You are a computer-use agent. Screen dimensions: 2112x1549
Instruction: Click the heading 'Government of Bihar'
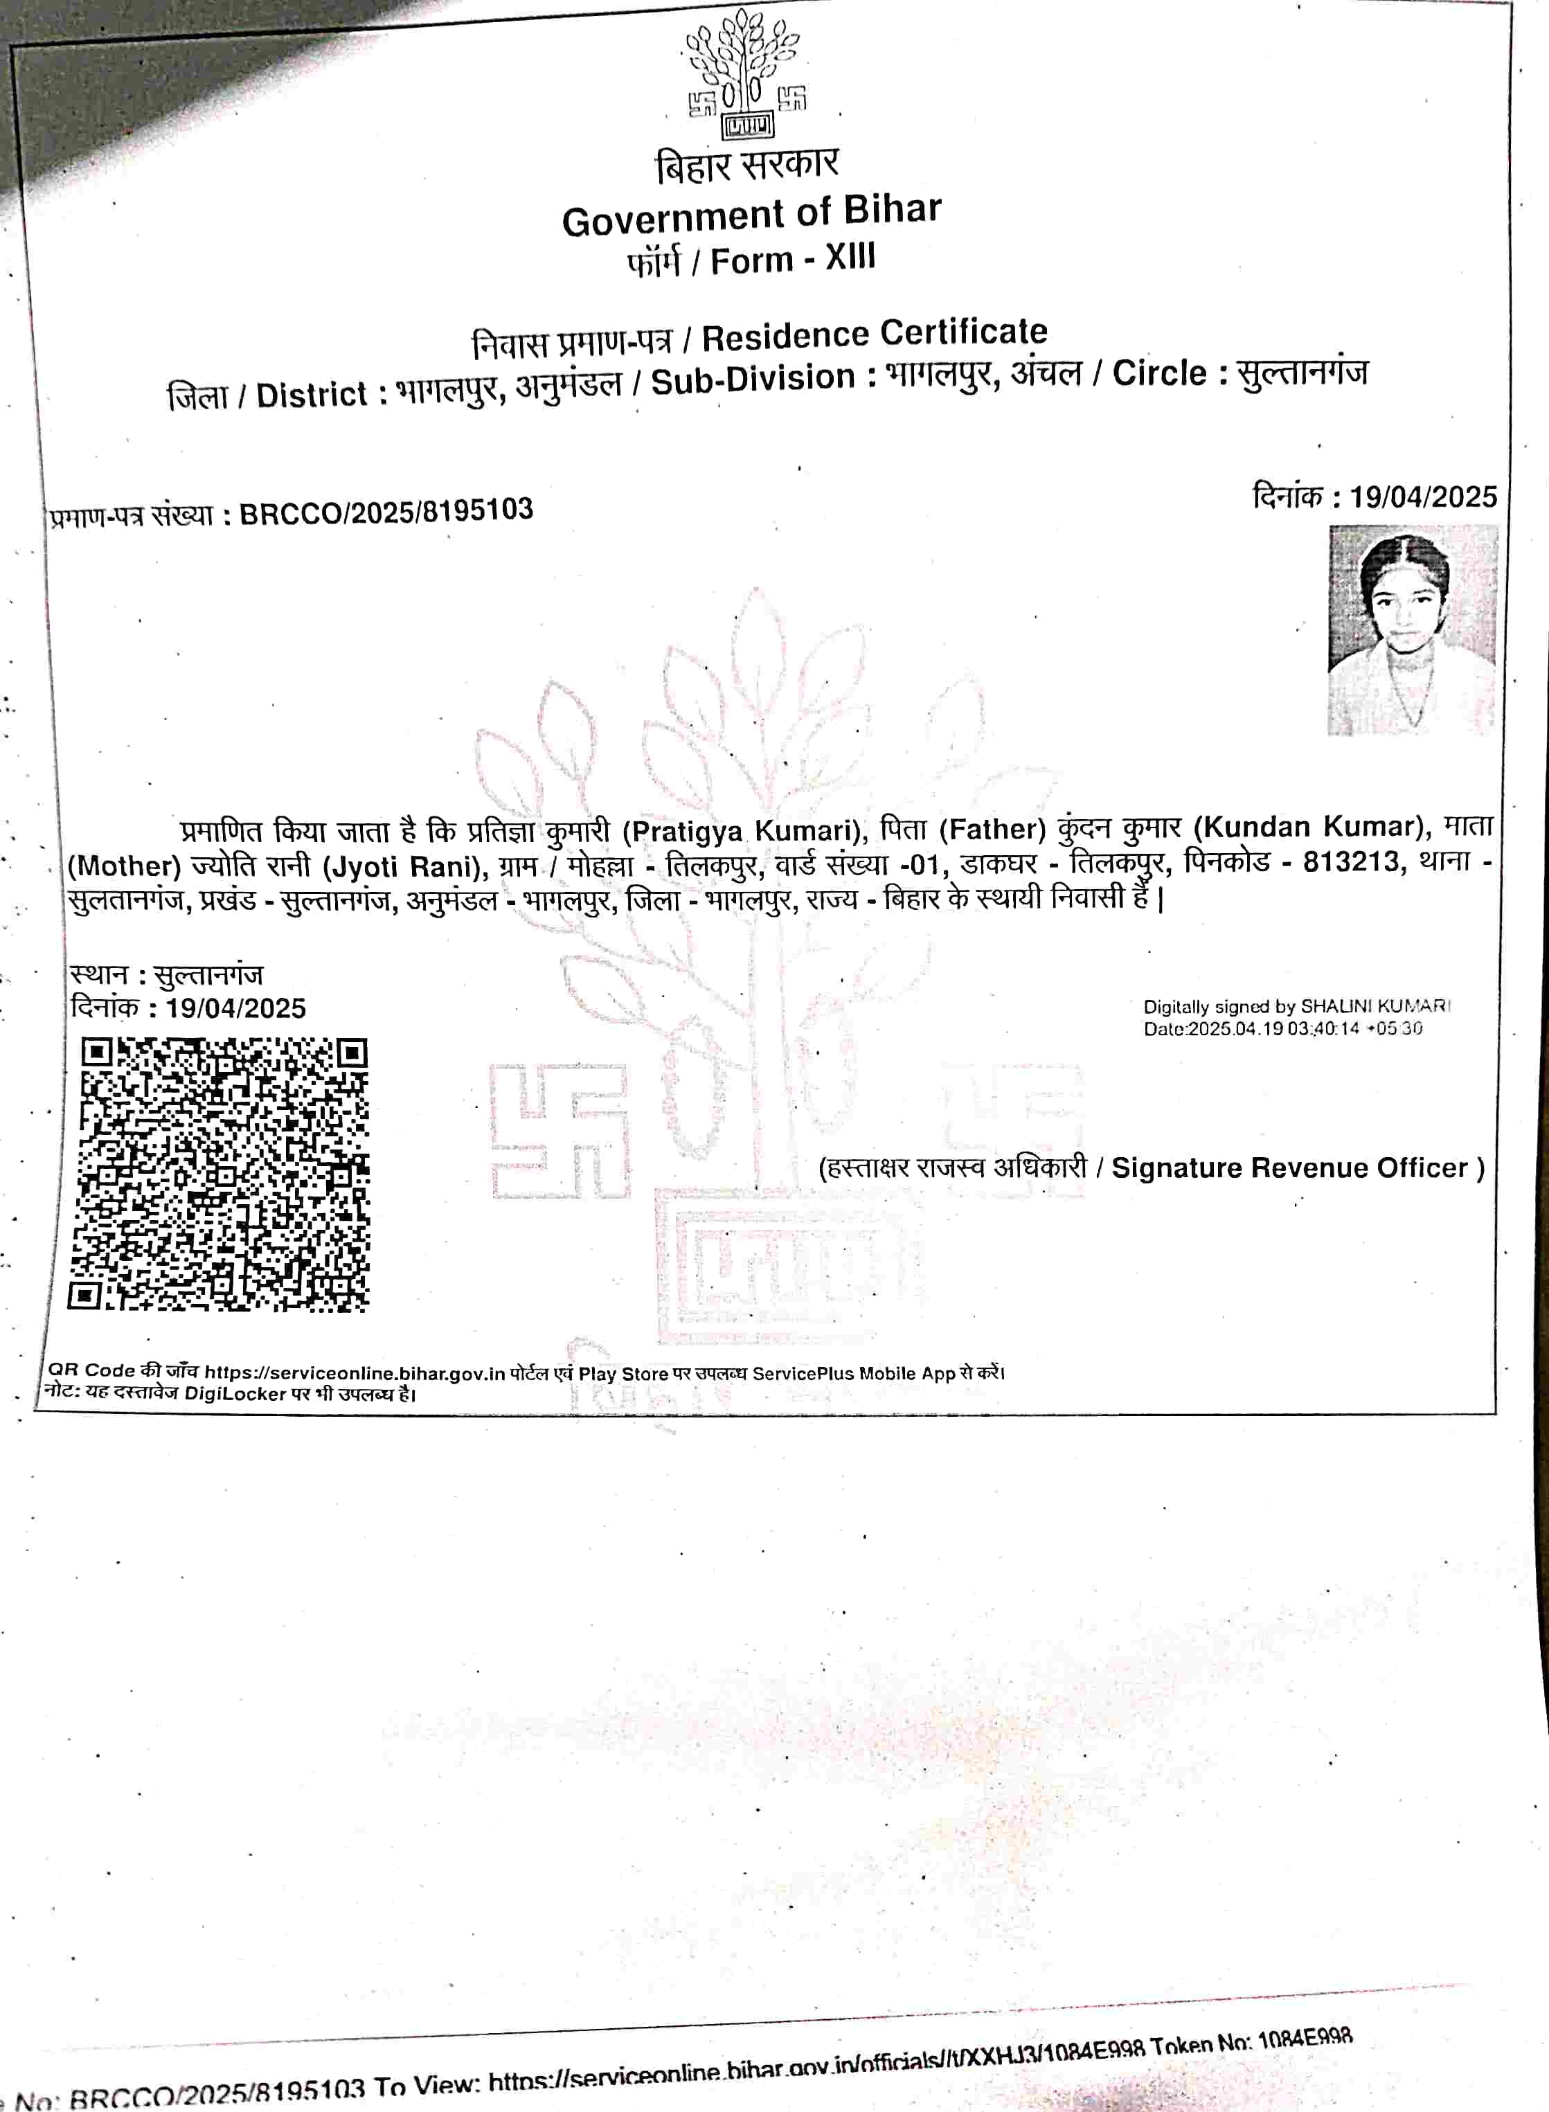(x=751, y=215)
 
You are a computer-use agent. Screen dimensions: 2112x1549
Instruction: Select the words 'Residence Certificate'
(x=874, y=334)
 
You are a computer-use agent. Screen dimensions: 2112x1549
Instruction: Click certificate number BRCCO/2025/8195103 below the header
(x=386, y=512)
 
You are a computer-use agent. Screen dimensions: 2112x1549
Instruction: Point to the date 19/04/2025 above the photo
(x=1422, y=496)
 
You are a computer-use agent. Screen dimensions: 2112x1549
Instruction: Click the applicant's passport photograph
(x=1411, y=629)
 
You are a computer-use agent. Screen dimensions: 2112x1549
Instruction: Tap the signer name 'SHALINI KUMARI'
(x=1375, y=1006)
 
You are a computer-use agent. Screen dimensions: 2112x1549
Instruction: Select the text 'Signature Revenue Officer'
(x=1289, y=1168)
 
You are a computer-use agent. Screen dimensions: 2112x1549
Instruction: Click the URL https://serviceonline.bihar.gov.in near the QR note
(x=355, y=1373)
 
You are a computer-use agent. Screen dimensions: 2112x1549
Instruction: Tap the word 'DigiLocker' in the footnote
(x=235, y=1394)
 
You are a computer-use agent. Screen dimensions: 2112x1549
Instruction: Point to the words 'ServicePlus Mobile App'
(x=852, y=1373)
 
